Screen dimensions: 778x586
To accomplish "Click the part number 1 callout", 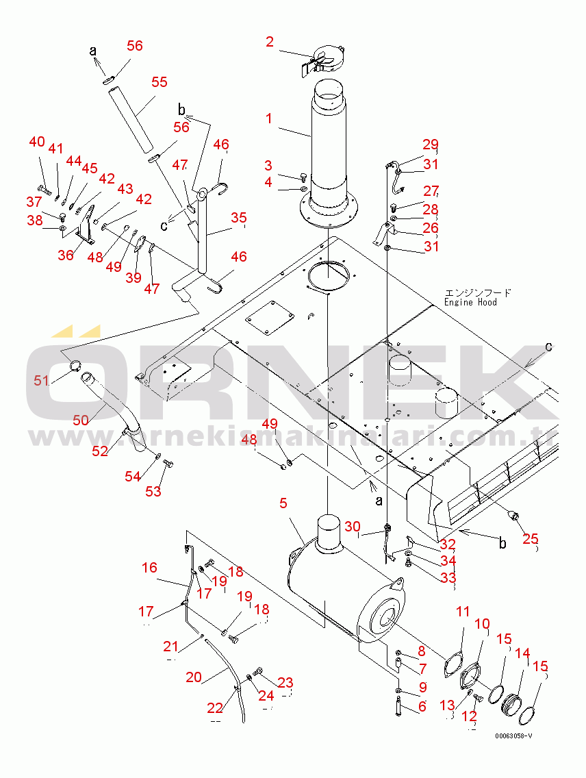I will (x=269, y=118).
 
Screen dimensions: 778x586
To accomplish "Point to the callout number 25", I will (x=531, y=538).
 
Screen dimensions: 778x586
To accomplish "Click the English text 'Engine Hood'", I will (x=470, y=302).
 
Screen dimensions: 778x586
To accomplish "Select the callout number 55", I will (x=159, y=82).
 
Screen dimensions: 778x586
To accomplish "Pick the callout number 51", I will (x=42, y=380).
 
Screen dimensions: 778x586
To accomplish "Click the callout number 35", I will (x=238, y=218).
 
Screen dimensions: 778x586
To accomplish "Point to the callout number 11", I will (x=463, y=612).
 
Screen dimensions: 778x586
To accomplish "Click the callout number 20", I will (x=194, y=677).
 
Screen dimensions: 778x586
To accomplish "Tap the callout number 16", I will (x=149, y=567).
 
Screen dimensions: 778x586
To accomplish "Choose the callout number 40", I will (x=37, y=142).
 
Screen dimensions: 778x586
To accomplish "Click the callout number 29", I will (x=430, y=144).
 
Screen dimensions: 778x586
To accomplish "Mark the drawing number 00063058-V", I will (x=514, y=736).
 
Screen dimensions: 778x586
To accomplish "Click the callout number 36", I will (x=66, y=255).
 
